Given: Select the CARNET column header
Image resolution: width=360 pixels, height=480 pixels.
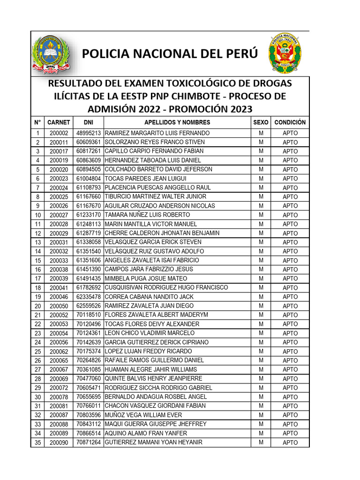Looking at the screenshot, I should [x=59, y=122].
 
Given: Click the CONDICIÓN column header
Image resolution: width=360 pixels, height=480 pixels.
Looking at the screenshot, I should [x=290, y=122].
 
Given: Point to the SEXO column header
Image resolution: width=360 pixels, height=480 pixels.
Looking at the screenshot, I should [x=261, y=122].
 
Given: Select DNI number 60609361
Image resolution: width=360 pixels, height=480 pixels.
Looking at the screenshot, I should [x=89, y=142].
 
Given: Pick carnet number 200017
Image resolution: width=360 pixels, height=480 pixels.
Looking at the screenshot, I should [x=59, y=151].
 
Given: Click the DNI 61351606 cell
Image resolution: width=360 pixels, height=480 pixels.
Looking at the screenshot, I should [x=89, y=260].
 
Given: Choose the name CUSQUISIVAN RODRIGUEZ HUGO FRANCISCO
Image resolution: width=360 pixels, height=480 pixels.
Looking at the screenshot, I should [x=166, y=287].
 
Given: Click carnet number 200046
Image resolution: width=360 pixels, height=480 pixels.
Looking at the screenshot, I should [x=59, y=297].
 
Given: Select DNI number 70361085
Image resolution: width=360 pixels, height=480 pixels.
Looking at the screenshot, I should [x=89, y=369].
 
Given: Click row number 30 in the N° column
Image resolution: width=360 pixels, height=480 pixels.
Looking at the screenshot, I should [x=37, y=397].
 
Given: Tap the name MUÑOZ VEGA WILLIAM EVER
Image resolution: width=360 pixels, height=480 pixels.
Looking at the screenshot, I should [x=143, y=415].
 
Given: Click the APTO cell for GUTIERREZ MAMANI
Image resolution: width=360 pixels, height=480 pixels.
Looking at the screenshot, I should [x=290, y=442].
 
